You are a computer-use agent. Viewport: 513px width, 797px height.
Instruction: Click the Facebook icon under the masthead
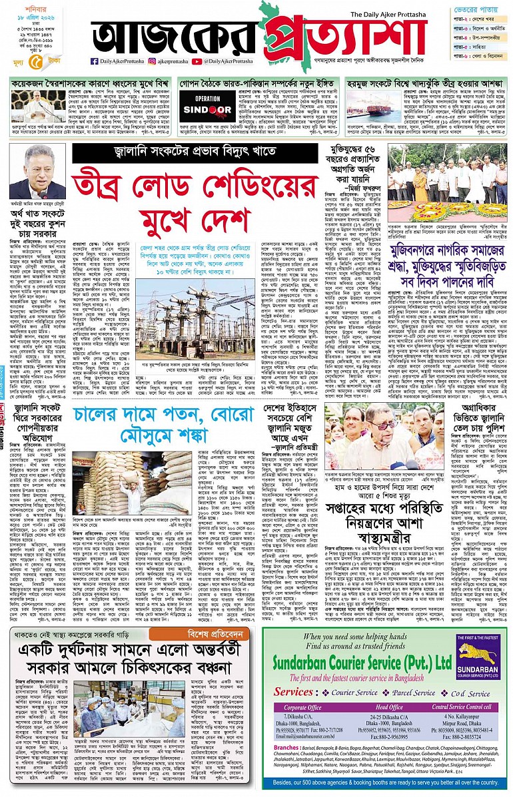pyautogui.click(x=95, y=61)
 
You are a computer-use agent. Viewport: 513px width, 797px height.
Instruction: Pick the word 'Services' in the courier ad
pyautogui.click(x=292, y=692)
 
